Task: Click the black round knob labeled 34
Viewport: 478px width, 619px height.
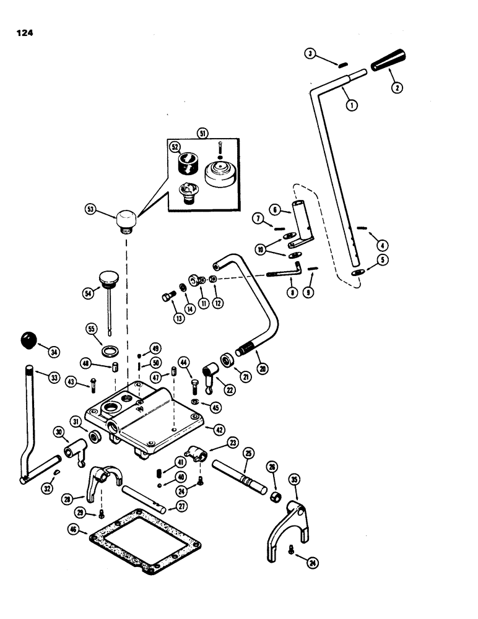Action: tap(28, 339)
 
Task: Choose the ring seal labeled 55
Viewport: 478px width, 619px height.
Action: tap(109, 353)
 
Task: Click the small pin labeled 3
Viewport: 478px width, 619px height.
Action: tap(341, 64)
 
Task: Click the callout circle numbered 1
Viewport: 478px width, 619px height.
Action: tap(352, 105)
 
